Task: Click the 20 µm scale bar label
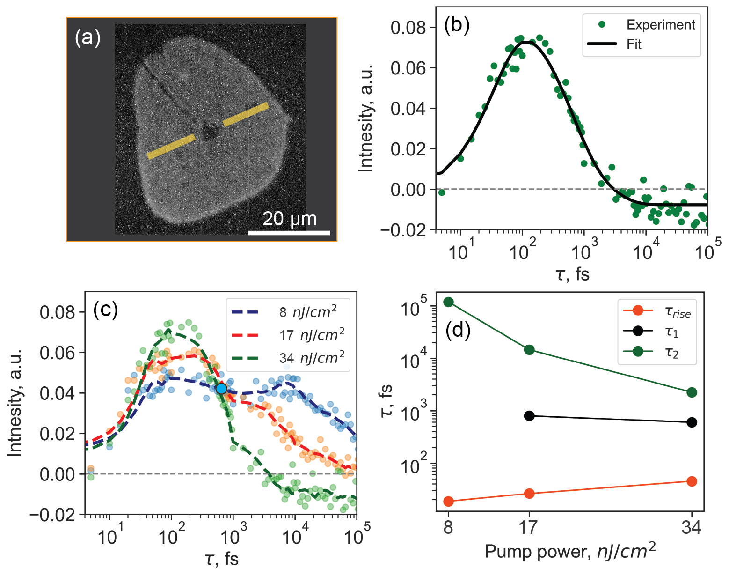(x=289, y=219)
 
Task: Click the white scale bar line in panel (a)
(x=289, y=232)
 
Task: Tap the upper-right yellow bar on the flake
(x=246, y=114)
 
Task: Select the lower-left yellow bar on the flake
(x=171, y=147)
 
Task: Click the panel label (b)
(x=456, y=25)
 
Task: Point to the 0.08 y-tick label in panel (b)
(x=408, y=28)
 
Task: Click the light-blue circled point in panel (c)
(x=221, y=388)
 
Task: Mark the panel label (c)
(x=105, y=309)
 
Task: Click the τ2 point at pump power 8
(x=448, y=302)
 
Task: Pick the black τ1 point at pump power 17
(x=529, y=416)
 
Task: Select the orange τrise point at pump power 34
(x=692, y=481)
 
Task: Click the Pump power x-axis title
(x=570, y=551)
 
